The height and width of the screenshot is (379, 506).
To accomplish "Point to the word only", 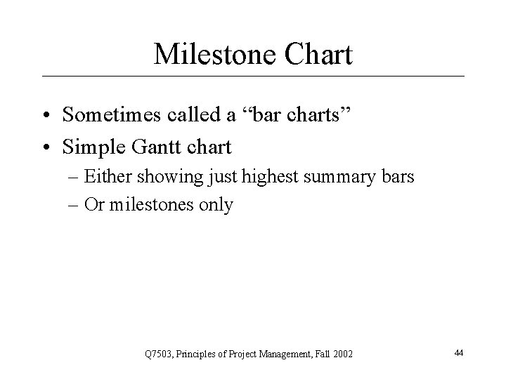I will pos(215,205).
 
